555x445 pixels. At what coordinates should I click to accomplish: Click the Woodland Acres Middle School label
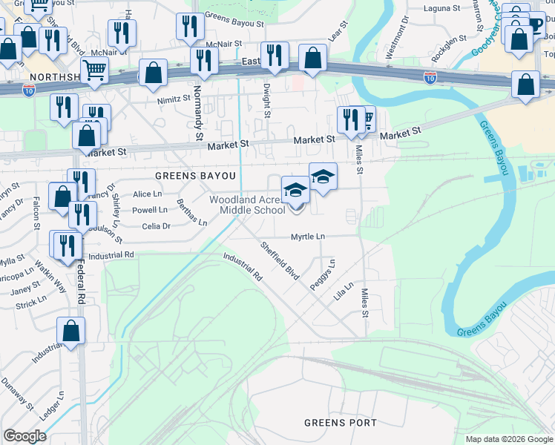pyautogui.click(x=247, y=205)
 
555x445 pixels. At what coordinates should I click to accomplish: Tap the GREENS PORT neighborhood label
pyautogui.click(x=341, y=423)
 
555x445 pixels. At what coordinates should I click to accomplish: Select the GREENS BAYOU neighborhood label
pyautogui.click(x=195, y=176)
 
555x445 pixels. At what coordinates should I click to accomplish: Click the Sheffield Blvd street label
pyautogui.click(x=278, y=260)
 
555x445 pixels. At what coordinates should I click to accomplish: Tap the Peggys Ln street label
pyautogui.click(x=327, y=274)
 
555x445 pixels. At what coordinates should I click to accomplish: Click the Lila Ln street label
pyautogui.click(x=342, y=290)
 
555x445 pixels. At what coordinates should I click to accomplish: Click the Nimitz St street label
pyautogui.click(x=174, y=98)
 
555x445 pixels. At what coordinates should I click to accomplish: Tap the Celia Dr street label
pyautogui.click(x=155, y=226)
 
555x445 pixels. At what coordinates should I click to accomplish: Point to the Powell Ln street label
pyautogui.click(x=149, y=210)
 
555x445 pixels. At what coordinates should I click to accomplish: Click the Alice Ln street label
pyautogui.click(x=147, y=194)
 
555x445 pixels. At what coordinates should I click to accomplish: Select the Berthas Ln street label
pyautogui.click(x=191, y=212)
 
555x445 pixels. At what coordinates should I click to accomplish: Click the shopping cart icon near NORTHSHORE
pyautogui.click(x=95, y=70)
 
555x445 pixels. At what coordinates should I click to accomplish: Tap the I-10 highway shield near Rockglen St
pyautogui.click(x=430, y=76)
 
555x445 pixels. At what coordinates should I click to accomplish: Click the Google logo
pyautogui.click(x=24, y=436)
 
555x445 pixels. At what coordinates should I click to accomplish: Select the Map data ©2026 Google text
pyautogui.click(x=508, y=439)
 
